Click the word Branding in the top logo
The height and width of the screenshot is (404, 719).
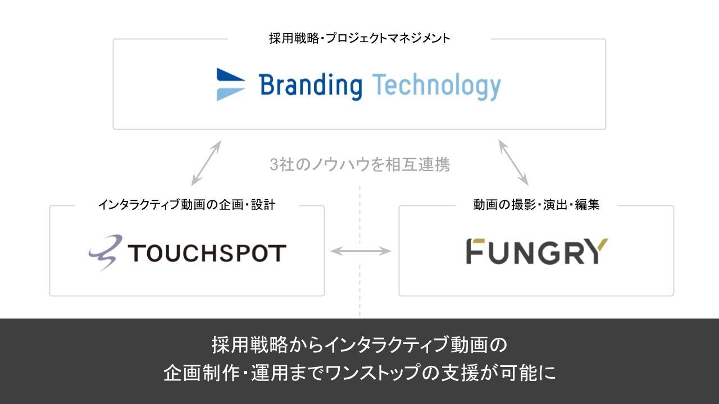(310, 86)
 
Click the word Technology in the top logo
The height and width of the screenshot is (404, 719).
(436, 86)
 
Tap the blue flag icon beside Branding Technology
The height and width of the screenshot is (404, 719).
(231, 84)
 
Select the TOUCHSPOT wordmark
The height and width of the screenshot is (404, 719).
(207, 253)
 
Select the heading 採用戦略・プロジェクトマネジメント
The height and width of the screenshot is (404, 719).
(359, 39)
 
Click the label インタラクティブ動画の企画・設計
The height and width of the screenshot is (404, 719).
(186, 205)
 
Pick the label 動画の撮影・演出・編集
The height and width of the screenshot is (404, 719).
(536, 205)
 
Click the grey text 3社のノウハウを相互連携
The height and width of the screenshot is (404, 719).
(359, 165)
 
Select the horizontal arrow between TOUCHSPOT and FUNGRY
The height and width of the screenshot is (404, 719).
(361, 251)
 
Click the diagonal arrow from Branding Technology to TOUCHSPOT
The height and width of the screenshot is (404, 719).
(206, 163)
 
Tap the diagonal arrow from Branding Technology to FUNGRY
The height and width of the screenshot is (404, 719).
(513, 163)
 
